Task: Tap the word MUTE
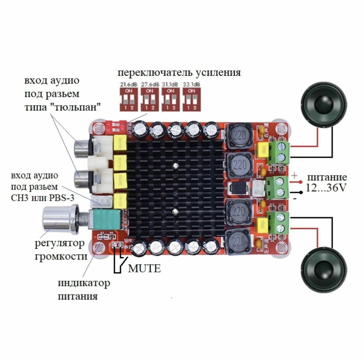(x=144, y=268)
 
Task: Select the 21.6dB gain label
(x=128, y=84)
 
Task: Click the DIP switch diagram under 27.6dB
(x=149, y=99)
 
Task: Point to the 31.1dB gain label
(x=171, y=84)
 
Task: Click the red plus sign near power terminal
(x=295, y=176)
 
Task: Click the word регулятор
(x=60, y=243)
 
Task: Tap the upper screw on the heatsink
(x=175, y=166)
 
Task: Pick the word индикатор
(x=84, y=283)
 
